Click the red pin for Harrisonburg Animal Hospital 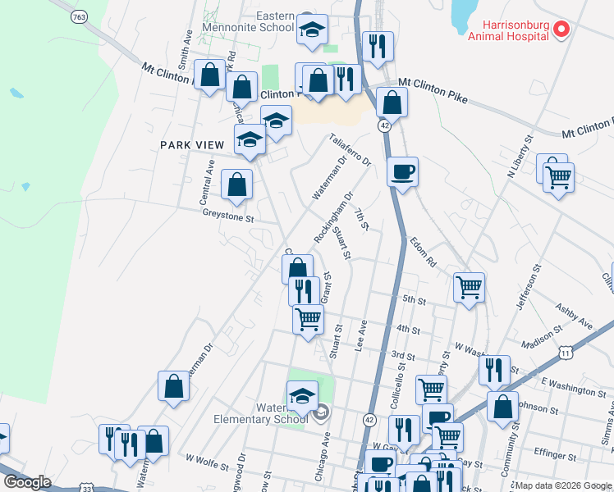point(561,30)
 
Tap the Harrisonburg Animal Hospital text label point(509,30)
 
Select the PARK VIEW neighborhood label point(191,145)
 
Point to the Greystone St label point(229,219)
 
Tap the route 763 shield point(80,16)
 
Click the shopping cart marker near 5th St point(469,288)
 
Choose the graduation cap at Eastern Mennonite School point(312,30)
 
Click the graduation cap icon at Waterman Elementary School point(302,396)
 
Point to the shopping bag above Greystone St point(237,185)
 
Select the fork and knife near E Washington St point(494,371)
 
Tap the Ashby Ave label point(574,317)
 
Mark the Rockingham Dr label point(335,216)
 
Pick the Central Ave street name point(206,188)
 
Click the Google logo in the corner point(27,482)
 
